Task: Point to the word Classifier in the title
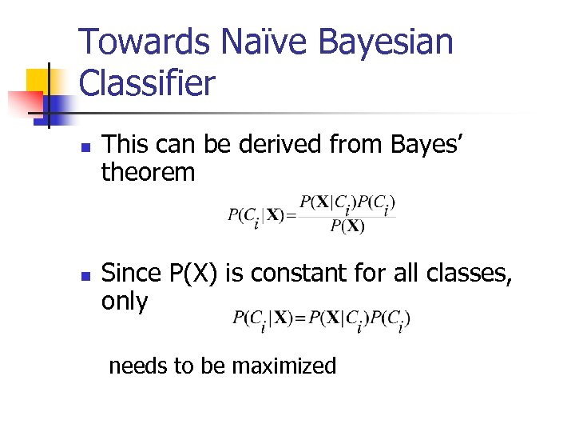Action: coord(147,83)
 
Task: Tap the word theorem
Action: coord(148,172)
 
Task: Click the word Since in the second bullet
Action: coord(133,274)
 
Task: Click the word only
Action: coord(125,302)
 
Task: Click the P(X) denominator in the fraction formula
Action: coord(347,226)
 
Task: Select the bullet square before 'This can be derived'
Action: coord(87,147)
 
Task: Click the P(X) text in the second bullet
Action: coord(195,274)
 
